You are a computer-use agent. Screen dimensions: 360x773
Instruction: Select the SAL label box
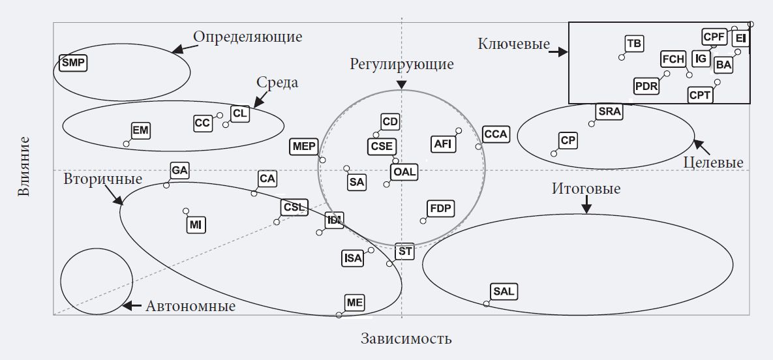tap(504, 292)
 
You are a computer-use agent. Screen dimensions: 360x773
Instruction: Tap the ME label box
tap(355, 303)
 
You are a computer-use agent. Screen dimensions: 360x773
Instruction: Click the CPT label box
tap(701, 95)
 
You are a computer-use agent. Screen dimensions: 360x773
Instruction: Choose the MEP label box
tap(305, 147)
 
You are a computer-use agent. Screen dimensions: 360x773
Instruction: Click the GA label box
tap(179, 172)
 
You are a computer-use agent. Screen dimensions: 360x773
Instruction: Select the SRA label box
tap(609, 112)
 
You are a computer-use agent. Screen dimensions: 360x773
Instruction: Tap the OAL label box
tap(404, 172)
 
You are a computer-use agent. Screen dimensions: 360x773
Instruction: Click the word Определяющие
tap(248, 37)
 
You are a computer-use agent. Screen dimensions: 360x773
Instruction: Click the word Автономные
tap(190, 306)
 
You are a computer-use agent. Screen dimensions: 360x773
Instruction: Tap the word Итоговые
tap(586, 189)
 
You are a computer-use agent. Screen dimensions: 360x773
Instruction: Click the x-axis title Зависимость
tap(406, 339)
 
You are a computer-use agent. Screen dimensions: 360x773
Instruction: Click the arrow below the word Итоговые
tap(586, 206)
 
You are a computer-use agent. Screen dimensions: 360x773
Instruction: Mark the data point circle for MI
tap(186, 211)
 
